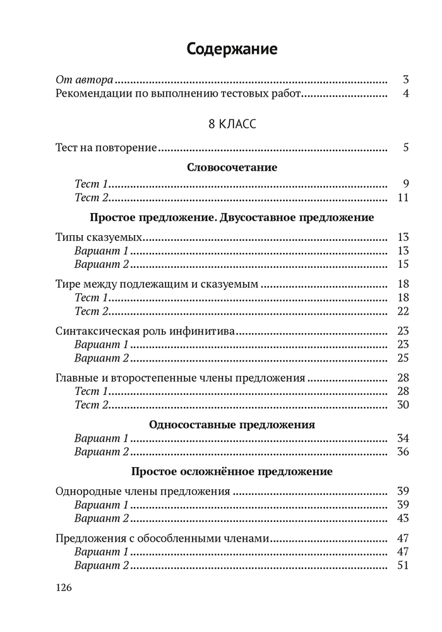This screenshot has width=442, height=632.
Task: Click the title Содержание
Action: tap(232, 50)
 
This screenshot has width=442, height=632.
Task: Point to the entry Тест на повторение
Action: tap(106, 148)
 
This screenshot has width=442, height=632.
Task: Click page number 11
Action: tap(403, 198)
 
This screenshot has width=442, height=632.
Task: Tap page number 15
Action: tap(403, 264)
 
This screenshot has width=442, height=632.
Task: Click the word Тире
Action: tap(68, 284)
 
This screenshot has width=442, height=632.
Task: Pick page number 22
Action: tap(403, 310)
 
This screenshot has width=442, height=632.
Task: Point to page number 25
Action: tap(403, 358)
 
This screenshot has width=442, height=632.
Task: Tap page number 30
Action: tap(403, 404)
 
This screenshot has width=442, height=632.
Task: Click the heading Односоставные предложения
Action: tap(232, 424)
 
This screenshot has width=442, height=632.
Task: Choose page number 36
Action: tap(403, 451)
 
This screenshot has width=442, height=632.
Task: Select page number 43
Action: tap(403, 518)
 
